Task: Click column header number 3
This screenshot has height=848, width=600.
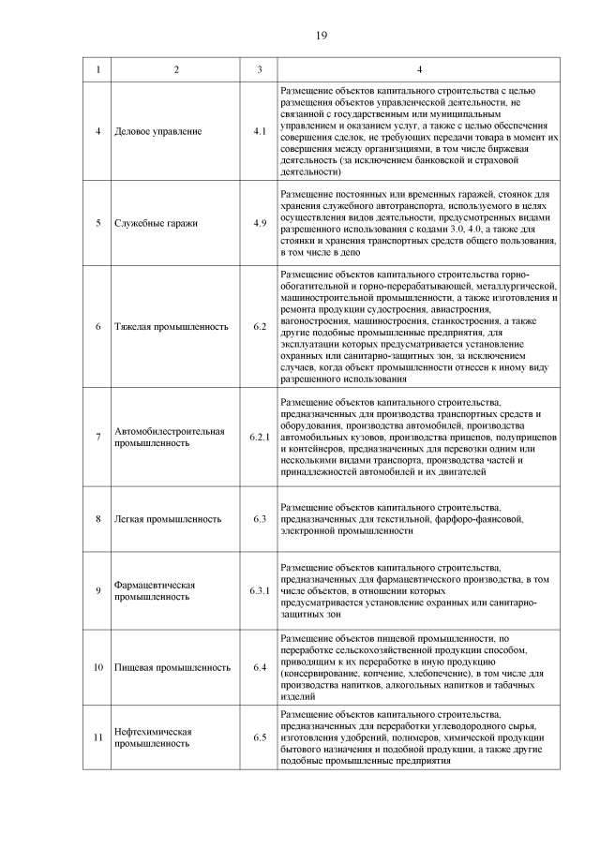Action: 260,70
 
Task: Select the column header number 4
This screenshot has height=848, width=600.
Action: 419,70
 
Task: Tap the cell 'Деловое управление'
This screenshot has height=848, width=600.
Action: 157,131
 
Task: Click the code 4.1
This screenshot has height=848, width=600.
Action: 260,131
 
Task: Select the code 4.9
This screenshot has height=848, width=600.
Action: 260,223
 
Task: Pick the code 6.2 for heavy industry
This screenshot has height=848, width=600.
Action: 260,327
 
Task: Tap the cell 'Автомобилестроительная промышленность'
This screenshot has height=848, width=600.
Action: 169,438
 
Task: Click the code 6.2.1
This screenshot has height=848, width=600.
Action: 260,438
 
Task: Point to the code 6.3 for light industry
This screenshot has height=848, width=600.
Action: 260,518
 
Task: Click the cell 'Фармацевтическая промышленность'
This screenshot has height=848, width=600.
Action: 154,590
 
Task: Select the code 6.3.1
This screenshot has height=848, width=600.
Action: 260,590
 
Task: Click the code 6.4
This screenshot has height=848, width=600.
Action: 260,668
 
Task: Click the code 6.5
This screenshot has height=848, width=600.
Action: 260,736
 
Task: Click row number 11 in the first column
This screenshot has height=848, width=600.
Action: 97,736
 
